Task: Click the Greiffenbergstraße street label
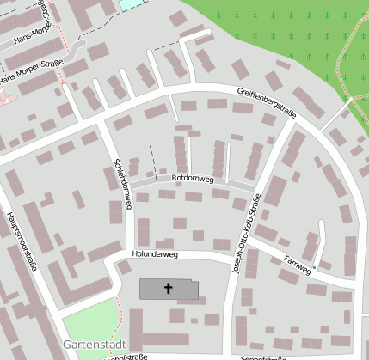274,101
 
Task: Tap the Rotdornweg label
193,178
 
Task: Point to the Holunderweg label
155,255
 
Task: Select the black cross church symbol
169,289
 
